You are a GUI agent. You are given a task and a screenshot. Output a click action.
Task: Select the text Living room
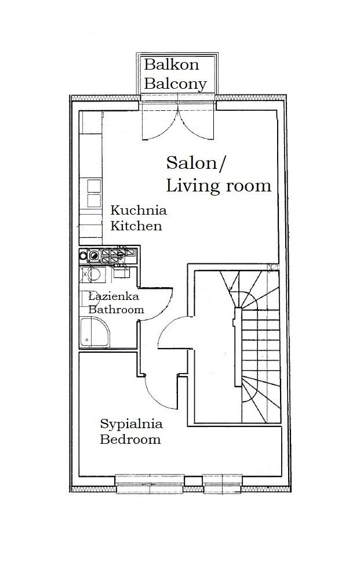(219, 186)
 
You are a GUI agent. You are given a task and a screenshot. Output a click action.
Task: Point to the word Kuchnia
(139, 210)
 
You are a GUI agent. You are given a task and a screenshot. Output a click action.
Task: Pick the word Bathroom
(115, 310)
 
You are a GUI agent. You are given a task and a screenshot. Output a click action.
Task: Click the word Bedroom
(130, 439)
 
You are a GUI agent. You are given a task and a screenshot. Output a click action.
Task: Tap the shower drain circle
(86, 336)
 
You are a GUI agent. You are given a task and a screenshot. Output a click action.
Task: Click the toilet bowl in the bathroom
(92, 273)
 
